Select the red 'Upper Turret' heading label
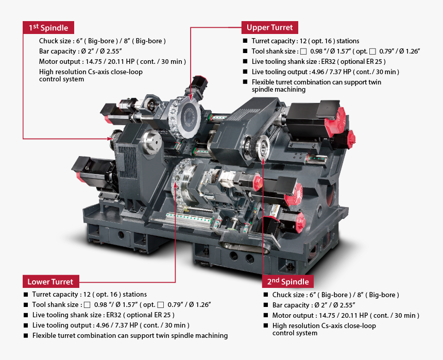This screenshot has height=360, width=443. (x=269, y=27)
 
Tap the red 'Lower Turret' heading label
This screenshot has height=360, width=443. (x=50, y=281)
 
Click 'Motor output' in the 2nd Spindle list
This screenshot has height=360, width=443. (x=292, y=315)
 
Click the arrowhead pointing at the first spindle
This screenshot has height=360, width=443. (x=111, y=138)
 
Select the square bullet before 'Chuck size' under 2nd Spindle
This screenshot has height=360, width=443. (x=265, y=295)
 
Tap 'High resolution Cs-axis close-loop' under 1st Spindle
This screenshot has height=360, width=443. (x=91, y=72)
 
